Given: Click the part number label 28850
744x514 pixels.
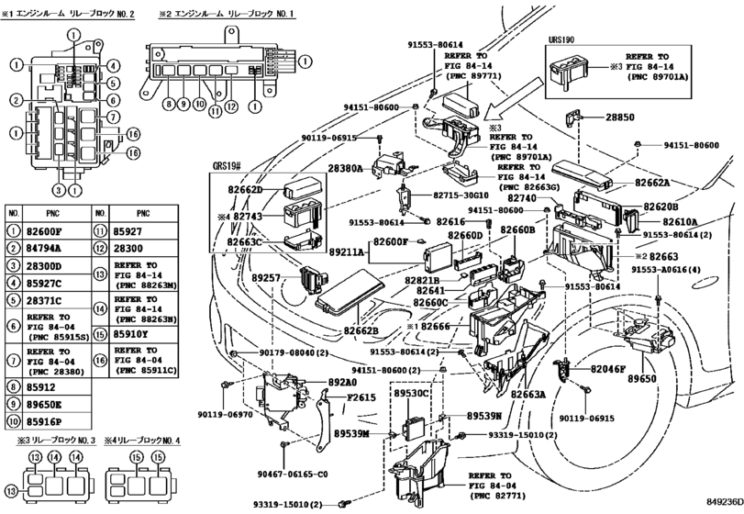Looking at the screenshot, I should coord(620,118).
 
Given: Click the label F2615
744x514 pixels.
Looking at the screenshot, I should coord(338,397).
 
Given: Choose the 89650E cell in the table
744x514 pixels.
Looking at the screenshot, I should coord(44,404).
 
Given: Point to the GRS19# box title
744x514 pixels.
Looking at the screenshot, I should coord(228,167).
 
